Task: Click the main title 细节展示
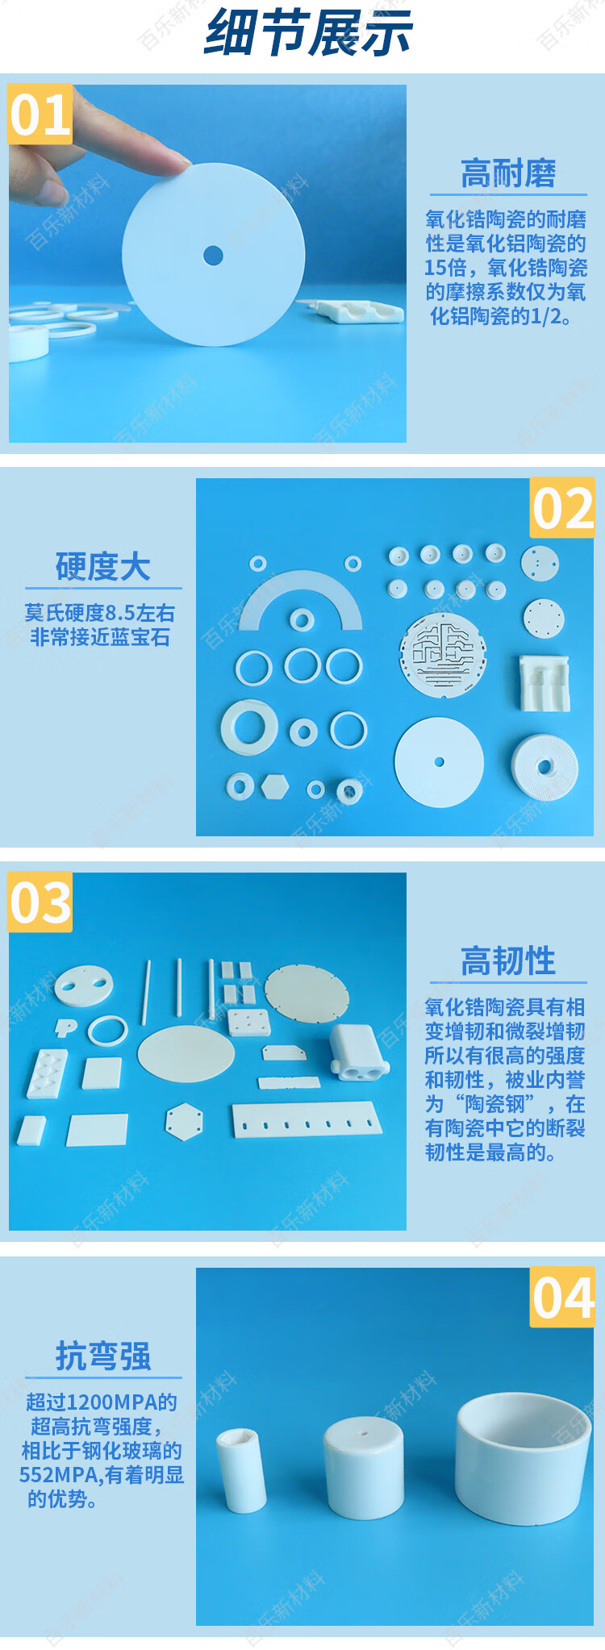click(x=309, y=34)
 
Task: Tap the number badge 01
click(x=40, y=115)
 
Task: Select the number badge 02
click(x=562, y=508)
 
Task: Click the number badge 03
click(x=40, y=902)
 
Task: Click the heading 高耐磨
click(x=508, y=173)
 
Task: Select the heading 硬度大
click(x=103, y=567)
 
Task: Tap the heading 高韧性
click(x=508, y=961)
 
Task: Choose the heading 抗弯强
click(x=103, y=1356)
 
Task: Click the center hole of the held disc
click(x=213, y=256)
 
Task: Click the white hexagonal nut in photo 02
click(x=275, y=786)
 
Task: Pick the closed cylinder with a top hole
click(x=363, y=1469)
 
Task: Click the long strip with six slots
click(x=307, y=1120)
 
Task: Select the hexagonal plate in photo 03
click(x=184, y=1121)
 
